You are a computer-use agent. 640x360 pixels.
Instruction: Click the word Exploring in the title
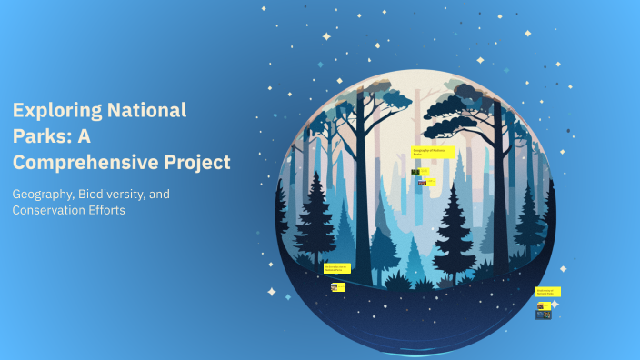coord(56,112)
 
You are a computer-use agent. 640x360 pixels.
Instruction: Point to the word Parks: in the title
coord(40,137)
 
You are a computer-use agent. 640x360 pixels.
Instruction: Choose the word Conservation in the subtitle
coord(55,211)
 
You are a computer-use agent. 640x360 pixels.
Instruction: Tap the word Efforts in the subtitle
coord(124,211)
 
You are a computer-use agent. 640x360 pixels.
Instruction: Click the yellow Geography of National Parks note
coord(433,152)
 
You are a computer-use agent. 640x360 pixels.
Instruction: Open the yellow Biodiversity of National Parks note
coord(548,292)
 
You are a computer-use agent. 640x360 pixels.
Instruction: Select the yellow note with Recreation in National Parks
coord(337,268)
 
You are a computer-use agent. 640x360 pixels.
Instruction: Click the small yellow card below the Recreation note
coord(338,287)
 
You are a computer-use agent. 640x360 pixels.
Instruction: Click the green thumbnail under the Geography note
coord(415,172)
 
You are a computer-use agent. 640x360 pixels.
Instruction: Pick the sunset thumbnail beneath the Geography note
coord(422,182)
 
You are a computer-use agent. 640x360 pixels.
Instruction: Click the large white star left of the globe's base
coord(271,292)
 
